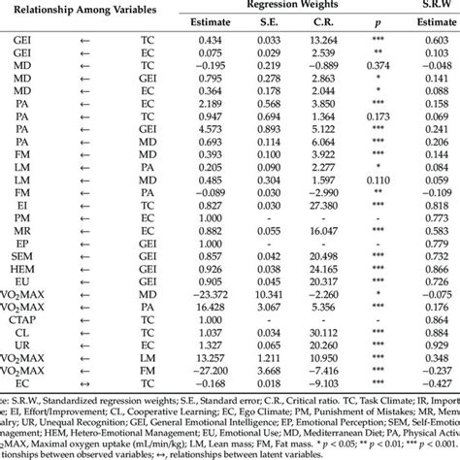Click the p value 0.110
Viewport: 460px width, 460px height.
pos(372,180)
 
